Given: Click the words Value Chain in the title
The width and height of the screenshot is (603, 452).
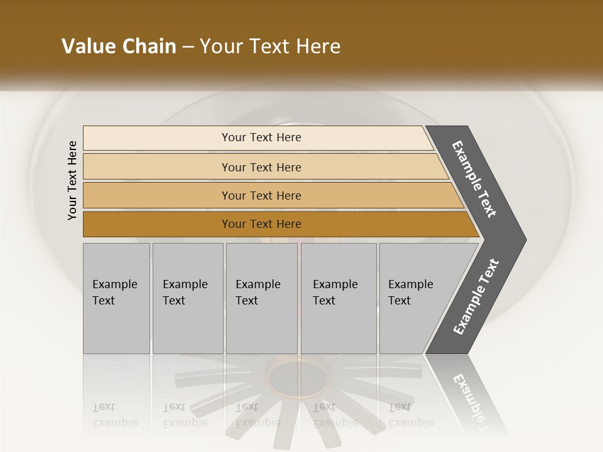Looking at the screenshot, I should (119, 46).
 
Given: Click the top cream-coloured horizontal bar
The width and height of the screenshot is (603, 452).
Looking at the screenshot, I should (157, 138).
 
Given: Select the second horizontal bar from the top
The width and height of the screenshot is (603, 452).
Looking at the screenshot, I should (157, 167).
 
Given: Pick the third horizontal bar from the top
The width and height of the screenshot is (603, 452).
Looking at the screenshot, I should (157, 195).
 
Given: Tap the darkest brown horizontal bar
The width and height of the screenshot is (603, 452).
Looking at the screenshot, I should (157, 224).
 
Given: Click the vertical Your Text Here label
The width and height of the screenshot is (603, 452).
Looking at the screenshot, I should (72, 181).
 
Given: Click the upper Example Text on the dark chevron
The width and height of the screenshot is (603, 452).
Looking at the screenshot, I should (475, 179).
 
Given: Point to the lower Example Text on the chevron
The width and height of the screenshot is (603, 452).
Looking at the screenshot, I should (476, 297).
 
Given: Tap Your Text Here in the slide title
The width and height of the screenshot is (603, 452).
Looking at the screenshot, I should (270, 46).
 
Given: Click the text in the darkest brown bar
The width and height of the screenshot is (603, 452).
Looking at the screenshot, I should (261, 224).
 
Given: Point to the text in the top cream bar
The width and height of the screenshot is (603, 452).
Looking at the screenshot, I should (261, 137).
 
